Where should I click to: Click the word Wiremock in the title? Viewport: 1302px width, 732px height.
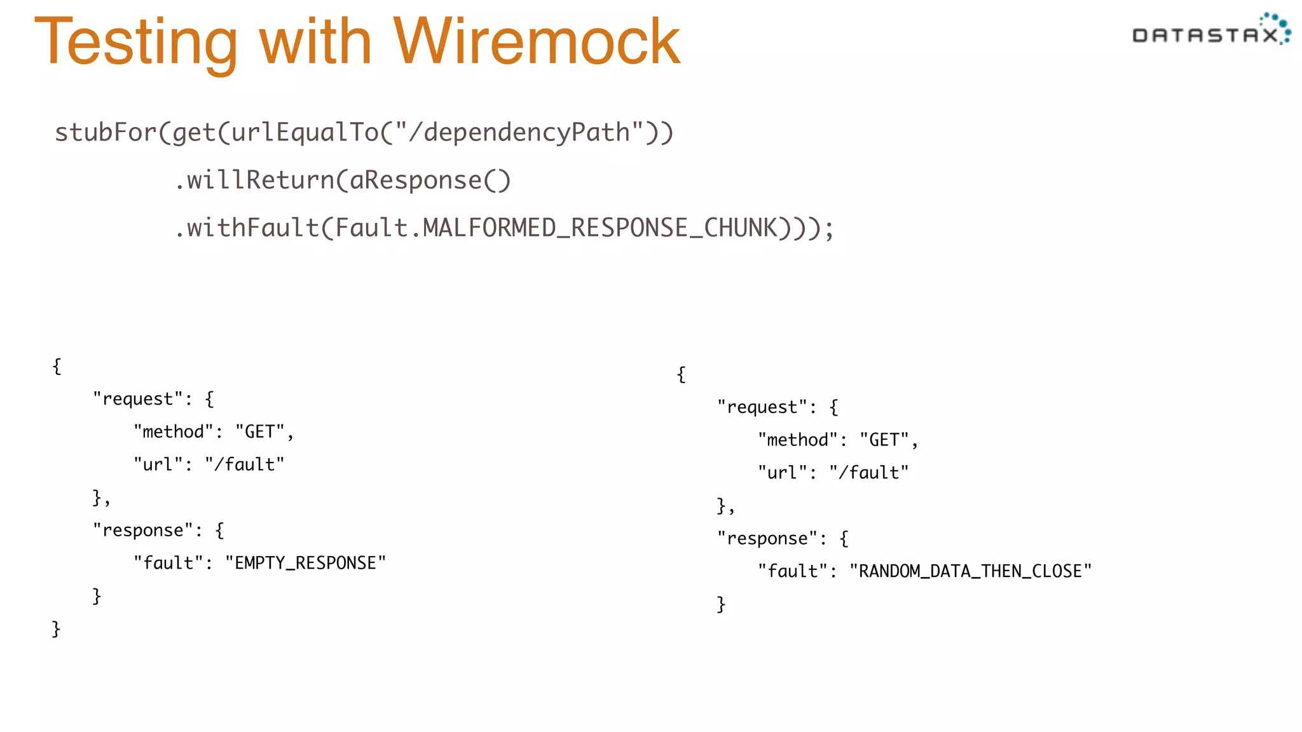pos(537,42)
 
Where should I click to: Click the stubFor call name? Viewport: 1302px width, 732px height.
pos(105,133)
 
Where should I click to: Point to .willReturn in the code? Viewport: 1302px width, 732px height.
pos(254,180)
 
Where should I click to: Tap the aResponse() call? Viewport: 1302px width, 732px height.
pos(430,180)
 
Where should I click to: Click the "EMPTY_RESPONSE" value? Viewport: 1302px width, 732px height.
pos(305,563)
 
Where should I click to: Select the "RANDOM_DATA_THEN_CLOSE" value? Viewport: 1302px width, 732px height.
pos(970,571)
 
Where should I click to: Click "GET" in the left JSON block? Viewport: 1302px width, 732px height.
pos(259,432)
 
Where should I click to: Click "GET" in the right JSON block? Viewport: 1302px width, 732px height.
pos(884,440)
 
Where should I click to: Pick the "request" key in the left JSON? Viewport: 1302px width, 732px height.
pos(138,399)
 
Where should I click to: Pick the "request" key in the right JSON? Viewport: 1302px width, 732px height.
pos(762,407)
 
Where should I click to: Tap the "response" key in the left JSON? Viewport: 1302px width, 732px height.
pos(143,530)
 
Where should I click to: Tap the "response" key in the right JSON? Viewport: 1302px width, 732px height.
pos(767,539)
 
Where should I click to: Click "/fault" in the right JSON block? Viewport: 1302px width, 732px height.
pos(868,473)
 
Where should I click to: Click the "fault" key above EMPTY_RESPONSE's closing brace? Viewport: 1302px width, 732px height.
pos(168,563)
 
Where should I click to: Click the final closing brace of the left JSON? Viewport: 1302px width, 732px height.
pos(56,629)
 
